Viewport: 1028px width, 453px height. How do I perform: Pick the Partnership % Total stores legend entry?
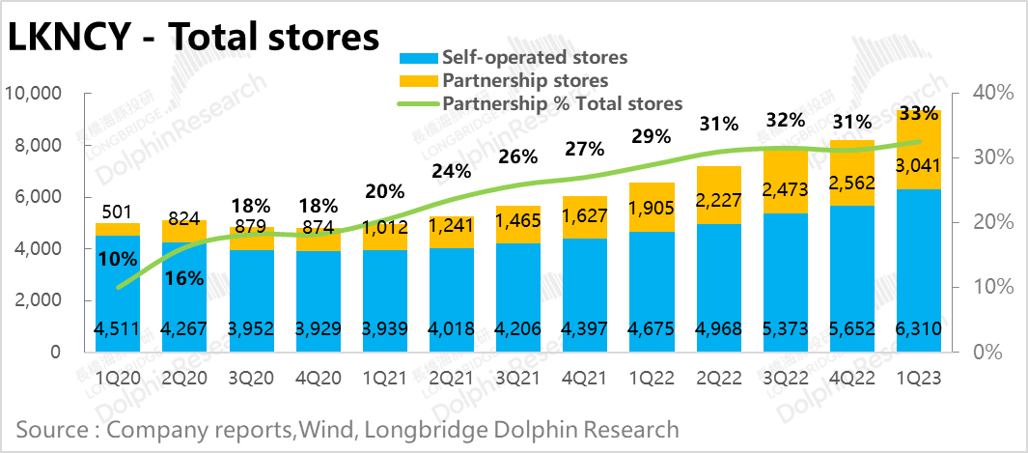click(562, 103)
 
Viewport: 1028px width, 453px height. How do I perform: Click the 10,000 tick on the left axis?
click(34, 94)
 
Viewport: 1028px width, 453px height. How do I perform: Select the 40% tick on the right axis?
click(992, 94)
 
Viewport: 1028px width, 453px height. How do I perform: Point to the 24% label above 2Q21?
click(451, 171)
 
